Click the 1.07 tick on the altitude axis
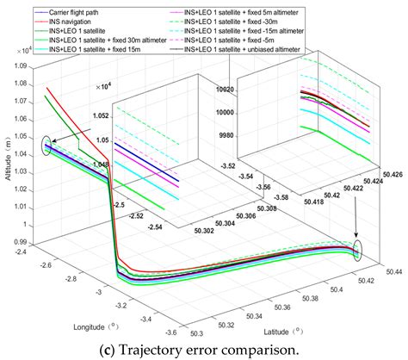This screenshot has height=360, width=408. (x=23, y=90)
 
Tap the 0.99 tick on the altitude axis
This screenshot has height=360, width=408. (x=23, y=242)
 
